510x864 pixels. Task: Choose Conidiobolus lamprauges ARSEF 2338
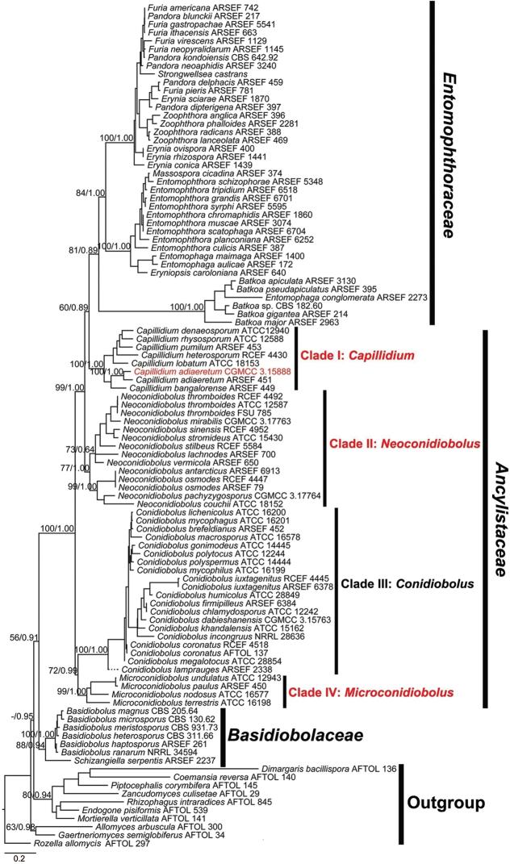[x=191, y=670]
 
